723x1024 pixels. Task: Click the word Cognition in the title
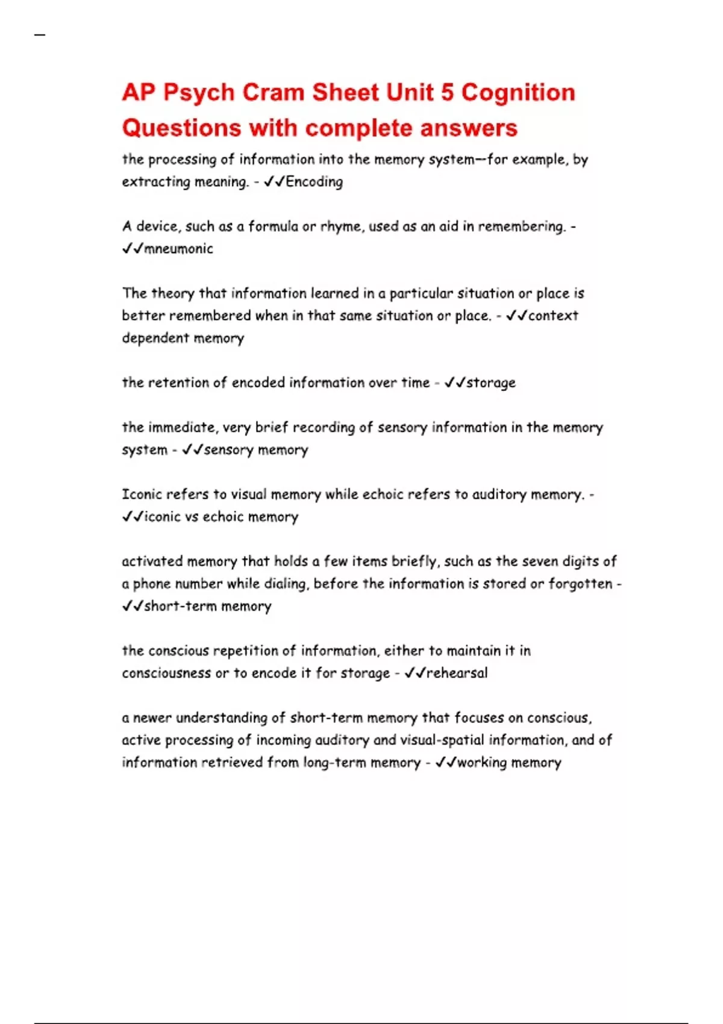point(518,93)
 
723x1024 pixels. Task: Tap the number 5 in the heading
point(446,93)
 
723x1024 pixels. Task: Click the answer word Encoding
point(314,182)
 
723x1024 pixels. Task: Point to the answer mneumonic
point(178,249)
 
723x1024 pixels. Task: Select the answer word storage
point(491,383)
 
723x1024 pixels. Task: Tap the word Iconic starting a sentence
point(142,495)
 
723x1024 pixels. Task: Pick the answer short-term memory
point(207,607)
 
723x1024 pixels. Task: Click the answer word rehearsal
point(457,673)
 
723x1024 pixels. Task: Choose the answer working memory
point(509,763)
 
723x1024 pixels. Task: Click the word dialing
point(286,584)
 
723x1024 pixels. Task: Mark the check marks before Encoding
point(274,182)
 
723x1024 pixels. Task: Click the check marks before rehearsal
point(415,673)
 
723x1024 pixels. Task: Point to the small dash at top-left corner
point(40,36)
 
